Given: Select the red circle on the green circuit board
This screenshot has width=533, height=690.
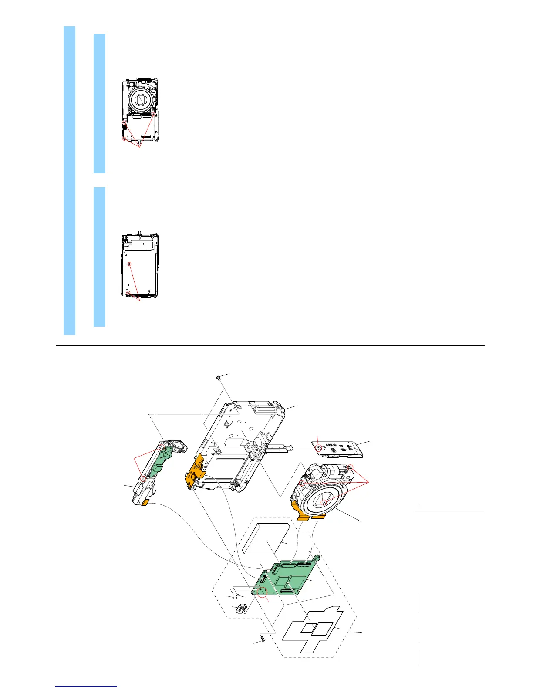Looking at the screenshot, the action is coord(262,593).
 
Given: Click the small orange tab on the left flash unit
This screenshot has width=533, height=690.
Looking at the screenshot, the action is coord(145,503).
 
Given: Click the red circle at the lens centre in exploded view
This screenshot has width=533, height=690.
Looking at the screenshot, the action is coord(324,502).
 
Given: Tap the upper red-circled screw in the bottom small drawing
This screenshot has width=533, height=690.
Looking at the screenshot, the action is coord(129,264).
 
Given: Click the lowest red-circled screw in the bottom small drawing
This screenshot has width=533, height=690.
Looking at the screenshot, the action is coord(128,292).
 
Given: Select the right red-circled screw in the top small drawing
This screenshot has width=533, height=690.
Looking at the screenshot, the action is coord(153,114).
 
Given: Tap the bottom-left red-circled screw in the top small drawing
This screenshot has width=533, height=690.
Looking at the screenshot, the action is coord(124,139).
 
